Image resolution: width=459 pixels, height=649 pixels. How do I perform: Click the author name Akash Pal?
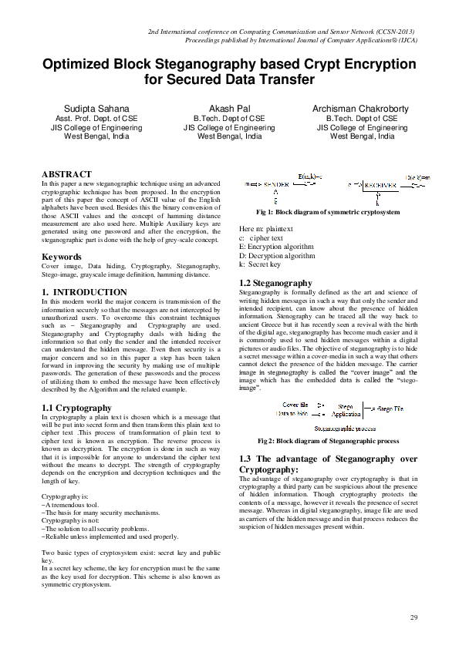point(229,109)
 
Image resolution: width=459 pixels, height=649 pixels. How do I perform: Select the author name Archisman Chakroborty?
point(361,109)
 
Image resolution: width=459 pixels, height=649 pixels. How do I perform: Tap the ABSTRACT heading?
point(66,175)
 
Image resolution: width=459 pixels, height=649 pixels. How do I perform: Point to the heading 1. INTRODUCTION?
point(84,292)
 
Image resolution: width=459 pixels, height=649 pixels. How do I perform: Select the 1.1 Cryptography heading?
point(76,408)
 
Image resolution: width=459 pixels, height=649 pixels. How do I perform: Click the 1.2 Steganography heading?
point(275,284)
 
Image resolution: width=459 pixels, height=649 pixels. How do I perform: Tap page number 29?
point(413,618)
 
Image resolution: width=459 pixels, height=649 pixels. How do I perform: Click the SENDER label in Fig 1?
point(282,186)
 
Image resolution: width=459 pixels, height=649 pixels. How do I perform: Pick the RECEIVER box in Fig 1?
point(380,186)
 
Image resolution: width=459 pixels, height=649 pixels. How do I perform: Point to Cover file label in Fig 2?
point(295,404)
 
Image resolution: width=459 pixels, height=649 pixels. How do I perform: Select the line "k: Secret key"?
point(260,264)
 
